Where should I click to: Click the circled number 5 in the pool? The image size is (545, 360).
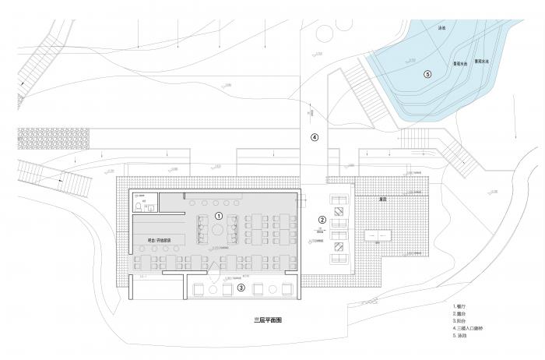tap(427, 74)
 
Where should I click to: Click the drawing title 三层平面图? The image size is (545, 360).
tap(268, 321)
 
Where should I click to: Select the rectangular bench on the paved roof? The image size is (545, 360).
tap(381, 235)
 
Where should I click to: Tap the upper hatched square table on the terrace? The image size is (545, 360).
tap(339, 211)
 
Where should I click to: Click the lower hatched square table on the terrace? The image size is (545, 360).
tap(339, 247)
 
